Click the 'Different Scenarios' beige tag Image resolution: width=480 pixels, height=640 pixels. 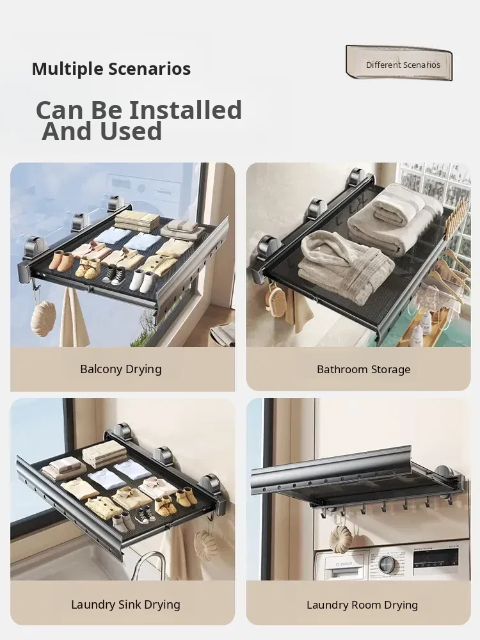(399, 63)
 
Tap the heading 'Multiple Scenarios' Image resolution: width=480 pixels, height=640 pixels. (111, 68)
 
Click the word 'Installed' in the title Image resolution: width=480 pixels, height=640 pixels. (186, 110)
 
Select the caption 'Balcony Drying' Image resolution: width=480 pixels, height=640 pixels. (121, 369)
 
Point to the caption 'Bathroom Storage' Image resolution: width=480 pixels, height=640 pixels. (364, 369)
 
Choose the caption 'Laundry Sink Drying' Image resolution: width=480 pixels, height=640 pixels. (125, 605)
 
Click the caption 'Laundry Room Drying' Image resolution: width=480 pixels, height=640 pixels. (362, 605)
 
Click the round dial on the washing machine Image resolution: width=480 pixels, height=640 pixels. (386, 564)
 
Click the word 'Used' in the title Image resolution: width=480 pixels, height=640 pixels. (131, 131)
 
